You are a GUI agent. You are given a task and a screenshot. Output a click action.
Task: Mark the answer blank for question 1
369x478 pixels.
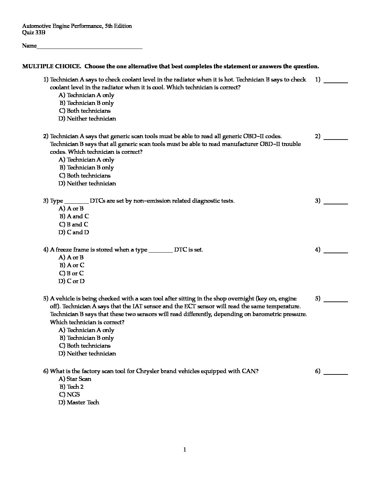coord(336,82)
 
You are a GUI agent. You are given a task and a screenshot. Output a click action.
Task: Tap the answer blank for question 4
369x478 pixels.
coord(336,252)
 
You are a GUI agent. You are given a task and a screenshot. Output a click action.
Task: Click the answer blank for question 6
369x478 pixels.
coord(336,373)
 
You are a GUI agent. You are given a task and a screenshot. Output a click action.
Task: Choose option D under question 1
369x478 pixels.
coord(87,118)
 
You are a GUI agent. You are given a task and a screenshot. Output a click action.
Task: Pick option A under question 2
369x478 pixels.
coord(86,160)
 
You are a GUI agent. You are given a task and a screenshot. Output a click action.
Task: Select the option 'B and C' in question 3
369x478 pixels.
coord(74,224)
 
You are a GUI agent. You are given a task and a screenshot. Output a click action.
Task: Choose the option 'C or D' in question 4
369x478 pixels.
coord(72,281)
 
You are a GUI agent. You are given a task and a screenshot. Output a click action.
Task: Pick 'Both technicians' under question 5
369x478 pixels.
coord(85,346)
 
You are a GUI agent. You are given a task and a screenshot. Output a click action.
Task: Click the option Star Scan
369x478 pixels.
coord(75,379)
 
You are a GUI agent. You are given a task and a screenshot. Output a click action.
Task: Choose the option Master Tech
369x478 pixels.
coord(79,402)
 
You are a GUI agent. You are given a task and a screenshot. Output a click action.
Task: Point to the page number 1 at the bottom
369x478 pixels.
coord(184,450)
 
